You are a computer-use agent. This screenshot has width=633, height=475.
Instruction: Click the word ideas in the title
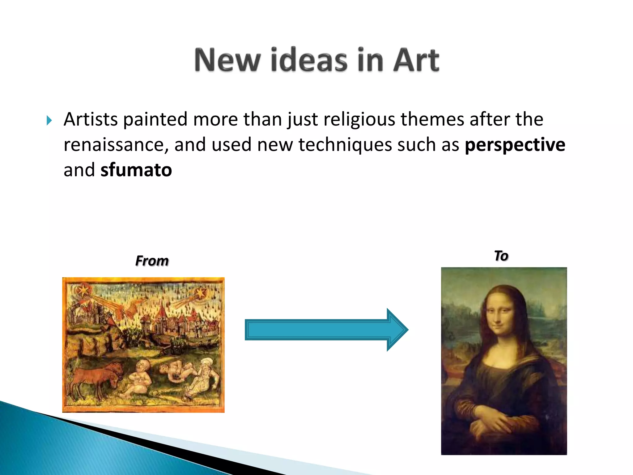[x=309, y=60]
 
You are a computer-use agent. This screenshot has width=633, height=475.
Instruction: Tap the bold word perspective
[x=515, y=145]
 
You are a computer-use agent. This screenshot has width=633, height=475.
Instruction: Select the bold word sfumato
[x=136, y=170]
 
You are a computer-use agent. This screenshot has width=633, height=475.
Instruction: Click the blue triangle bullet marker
[x=49, y=120]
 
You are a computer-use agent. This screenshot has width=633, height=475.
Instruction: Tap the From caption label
[x=152, y=261]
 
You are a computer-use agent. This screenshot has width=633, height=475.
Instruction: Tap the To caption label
[x=501, y=256]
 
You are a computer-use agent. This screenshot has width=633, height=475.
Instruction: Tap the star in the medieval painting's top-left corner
[x=83, y=290]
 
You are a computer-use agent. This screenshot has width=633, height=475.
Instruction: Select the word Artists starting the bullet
[x=91, y=119]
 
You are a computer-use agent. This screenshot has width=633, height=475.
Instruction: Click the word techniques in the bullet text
[x=345, y=145]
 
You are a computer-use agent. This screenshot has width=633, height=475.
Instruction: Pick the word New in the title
[x=227, y=60]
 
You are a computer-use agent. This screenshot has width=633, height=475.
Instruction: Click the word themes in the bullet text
[x=432, y=119]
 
